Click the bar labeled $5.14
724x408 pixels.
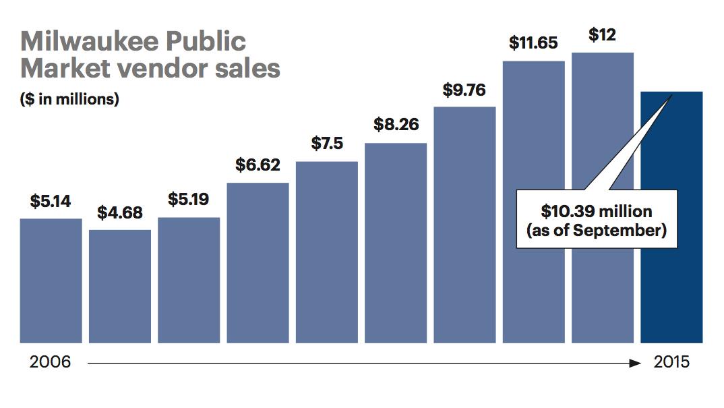point(51,281)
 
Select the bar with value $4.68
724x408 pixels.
point(120,286)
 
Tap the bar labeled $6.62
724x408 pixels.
point(258,263)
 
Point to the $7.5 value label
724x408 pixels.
point(326,144)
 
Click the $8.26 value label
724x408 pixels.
point(396,125)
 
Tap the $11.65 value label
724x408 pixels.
point(533,44)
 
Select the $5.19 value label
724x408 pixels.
point(189,200)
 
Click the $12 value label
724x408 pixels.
point(602,35)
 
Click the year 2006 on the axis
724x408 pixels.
point(51,362)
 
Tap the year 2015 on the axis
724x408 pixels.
point(671,362)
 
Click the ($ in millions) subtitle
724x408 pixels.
point(69,98)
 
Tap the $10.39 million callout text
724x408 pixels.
point(597,212)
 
